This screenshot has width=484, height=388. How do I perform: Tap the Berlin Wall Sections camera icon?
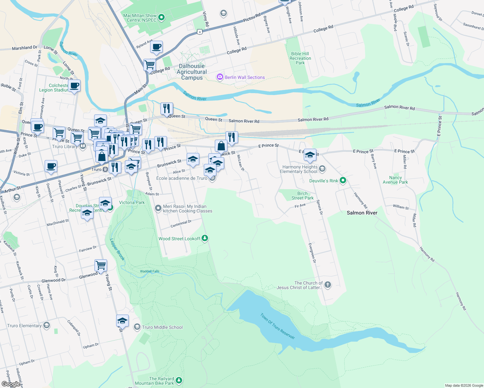click(220, 77)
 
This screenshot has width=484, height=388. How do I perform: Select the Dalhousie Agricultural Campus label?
click(192, 72)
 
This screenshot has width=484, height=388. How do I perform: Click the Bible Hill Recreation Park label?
click(300, 59)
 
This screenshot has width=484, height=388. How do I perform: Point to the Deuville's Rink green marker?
click(343, 180)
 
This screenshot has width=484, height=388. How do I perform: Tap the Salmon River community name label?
click(362, 213)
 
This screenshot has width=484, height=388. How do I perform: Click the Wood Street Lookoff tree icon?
click(205, 238)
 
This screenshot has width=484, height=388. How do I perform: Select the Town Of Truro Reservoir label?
click(278, 326)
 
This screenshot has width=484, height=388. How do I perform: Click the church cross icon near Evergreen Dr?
click(327, 285)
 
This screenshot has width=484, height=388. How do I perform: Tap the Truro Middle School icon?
click(137, 327)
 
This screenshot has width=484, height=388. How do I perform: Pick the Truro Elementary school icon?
click(47, 325)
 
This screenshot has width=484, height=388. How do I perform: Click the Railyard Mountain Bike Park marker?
click(179, 381)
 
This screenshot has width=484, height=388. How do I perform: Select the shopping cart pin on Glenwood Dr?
click(101, 265)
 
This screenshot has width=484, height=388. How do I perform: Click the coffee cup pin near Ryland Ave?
click(157, 47)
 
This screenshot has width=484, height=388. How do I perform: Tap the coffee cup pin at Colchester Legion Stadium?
click(74, 86)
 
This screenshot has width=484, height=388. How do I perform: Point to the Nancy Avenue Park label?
click(395, 180)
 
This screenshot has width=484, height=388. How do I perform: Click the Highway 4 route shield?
click(200, 32)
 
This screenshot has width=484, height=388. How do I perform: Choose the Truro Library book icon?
click(83, 146)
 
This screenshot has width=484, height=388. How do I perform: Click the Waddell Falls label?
click(149, 271)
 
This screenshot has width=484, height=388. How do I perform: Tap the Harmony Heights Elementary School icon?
click(322, 169)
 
